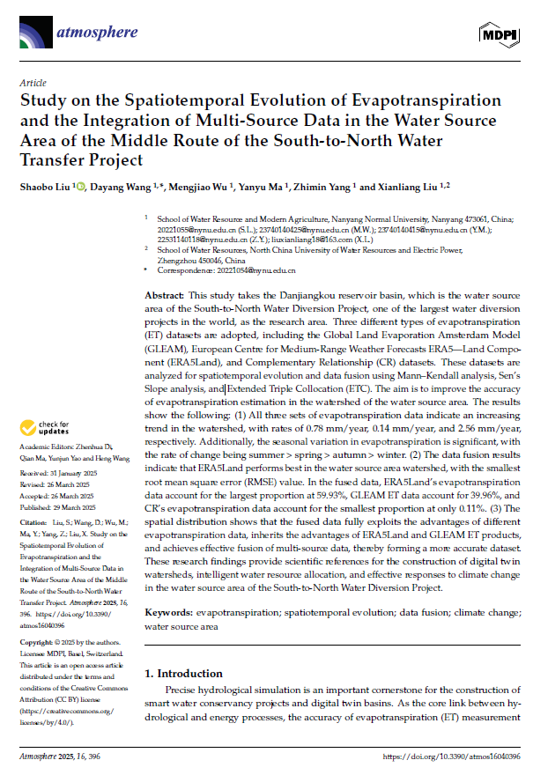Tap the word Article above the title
[x=33, y=82]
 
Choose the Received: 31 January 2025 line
[x=59, y=473]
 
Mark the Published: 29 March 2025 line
[x=57, y=507]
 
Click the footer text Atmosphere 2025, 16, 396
[x=61, y=757]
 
